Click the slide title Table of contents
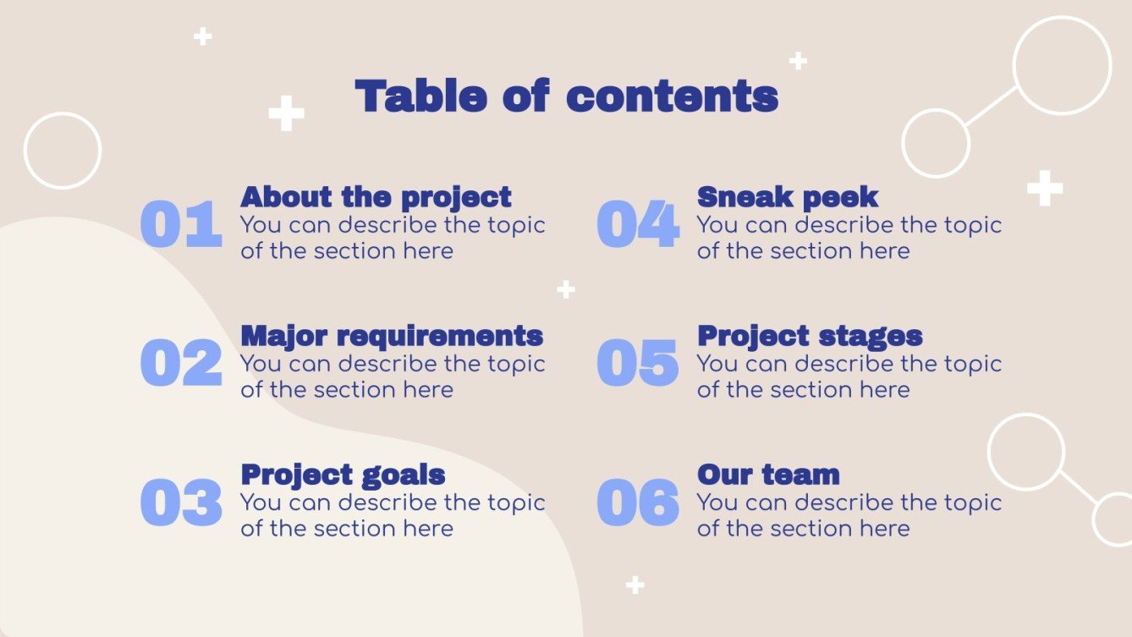[x=566, y=96]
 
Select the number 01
[x=181, y=225]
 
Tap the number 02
[x=181, y=364]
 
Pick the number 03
[x=181, y=502]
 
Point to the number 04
[x=638, y=225]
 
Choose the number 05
[x=638, y=364]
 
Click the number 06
[x=638, y=502]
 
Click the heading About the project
[x=376, y=197]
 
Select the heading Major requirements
[x=392, y=336]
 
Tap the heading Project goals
[x=343, y=475]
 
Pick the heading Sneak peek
[x=788, y=197]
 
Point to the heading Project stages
[x=810, y=336]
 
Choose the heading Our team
[x=768, y=475]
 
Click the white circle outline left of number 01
[x=63, y=151]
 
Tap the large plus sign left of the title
[x=286, y=113]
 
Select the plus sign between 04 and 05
[x=566, y=289]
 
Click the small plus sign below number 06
[x=635, y=585]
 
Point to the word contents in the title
[x=672, y=96]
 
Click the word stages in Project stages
[x=867, y=336]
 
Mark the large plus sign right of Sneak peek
[x=1045, y=188]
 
